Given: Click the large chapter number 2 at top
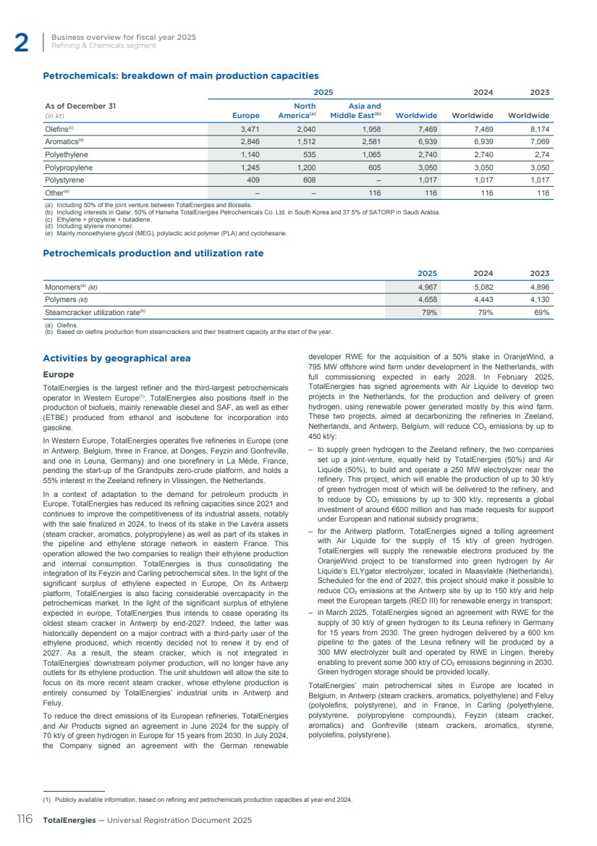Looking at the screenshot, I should click(21, 43).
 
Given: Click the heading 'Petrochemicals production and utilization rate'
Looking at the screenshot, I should click(153, 254).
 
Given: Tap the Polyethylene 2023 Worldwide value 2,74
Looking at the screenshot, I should click(538, 154).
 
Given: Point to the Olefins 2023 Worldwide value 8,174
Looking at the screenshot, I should click(536, 128).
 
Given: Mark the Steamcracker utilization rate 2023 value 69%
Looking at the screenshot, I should click(540, 313).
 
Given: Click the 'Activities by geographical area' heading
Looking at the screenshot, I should click(117, 358).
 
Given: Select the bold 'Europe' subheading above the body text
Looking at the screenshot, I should click(59, 374).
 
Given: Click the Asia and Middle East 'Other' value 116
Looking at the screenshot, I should click(374, 193).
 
